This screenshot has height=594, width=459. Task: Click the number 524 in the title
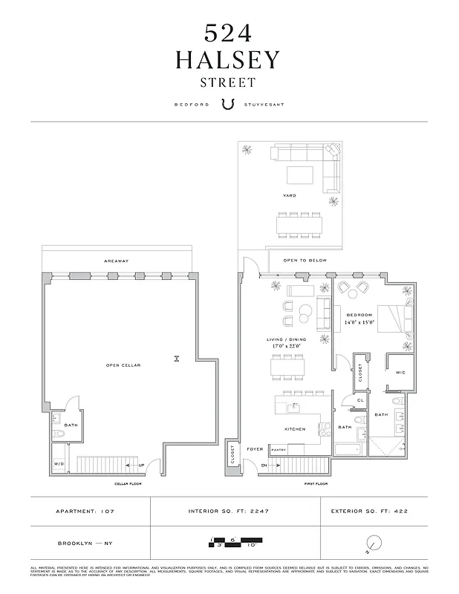coord(229,33)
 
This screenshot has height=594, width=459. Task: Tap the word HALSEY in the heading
coord(229,60)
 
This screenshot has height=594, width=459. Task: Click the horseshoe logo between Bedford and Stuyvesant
coord(229,105)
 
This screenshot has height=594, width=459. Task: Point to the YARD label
coord(289,195)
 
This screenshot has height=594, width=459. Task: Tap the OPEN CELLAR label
coord(123,365)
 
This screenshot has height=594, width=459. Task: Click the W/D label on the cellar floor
coord(59,465)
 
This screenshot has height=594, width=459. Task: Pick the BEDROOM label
coord(359,315)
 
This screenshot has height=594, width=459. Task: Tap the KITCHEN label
coord(295,429)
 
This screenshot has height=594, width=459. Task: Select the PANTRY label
coord(279,449)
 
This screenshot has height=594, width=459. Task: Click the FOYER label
coord(255,448)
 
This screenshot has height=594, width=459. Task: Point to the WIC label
coord(400,372)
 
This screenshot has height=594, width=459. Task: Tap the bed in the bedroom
coord(393,319)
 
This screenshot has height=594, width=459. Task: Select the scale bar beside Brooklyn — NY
coord(229,542)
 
